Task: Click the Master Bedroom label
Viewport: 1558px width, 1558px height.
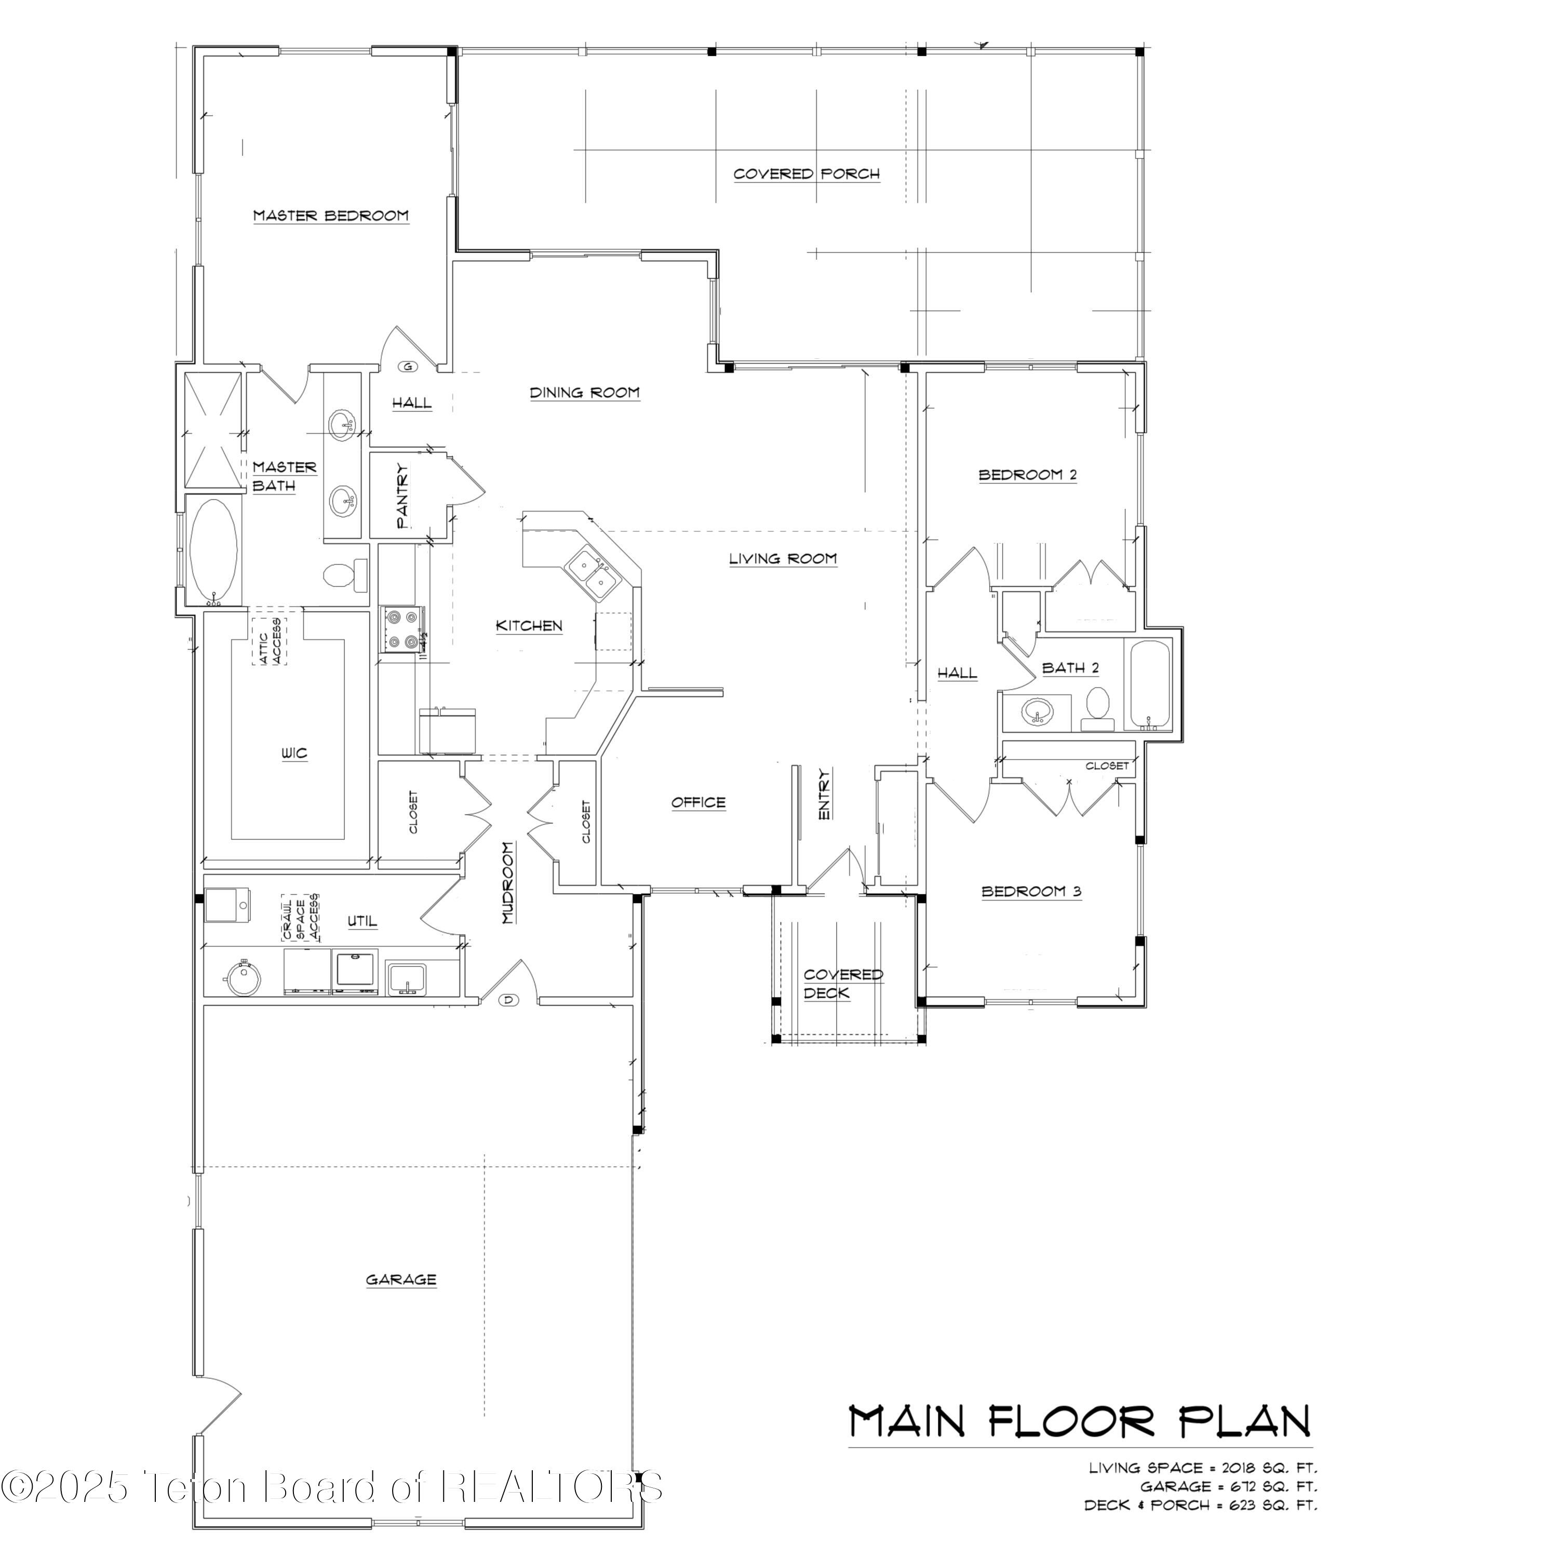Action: (x=331, y=216)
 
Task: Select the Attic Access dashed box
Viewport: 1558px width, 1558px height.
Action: (x=270, y=641)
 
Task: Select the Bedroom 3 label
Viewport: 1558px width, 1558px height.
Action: (x=1030, y=891)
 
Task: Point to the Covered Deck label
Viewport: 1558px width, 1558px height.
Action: (x=843, y=983)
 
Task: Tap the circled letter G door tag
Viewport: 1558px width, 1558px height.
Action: (x=408, y=367)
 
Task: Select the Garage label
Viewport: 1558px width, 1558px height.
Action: (x=401, y=1279)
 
